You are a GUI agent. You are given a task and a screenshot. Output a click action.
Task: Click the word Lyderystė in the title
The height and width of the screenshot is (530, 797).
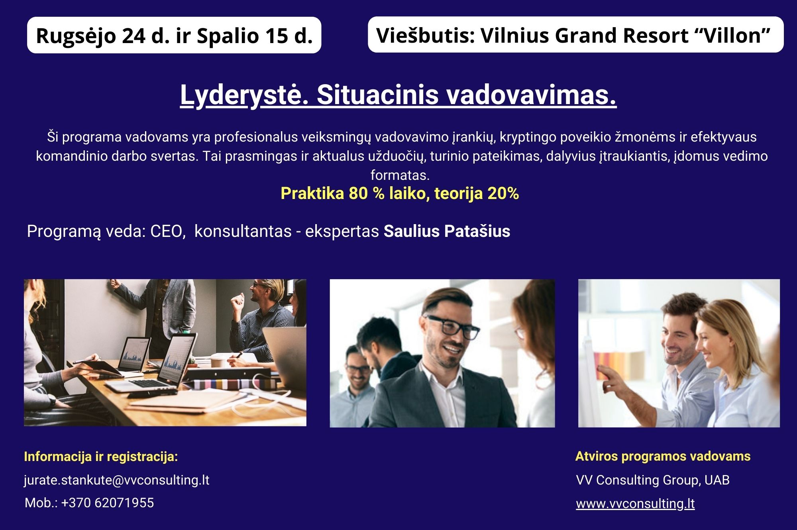(244, 96)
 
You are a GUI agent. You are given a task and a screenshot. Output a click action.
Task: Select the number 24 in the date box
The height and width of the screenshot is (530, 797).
(134, 36)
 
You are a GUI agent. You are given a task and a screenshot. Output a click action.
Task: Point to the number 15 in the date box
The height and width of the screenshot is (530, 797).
(277, 36)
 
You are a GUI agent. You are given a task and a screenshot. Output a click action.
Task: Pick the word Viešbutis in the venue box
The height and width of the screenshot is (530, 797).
(425, 35)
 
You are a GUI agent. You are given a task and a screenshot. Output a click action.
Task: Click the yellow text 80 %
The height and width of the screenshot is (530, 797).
(366, 193)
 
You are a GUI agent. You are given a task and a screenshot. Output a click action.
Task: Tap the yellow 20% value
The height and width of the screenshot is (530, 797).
(503, 193)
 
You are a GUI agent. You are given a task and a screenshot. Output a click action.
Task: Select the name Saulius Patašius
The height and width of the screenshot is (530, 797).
(447, 231)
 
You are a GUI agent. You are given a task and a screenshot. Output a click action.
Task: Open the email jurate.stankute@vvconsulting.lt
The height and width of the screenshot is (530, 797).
(116, 480)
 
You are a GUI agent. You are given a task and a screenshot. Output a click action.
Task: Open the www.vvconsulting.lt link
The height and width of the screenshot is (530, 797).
(635, 504)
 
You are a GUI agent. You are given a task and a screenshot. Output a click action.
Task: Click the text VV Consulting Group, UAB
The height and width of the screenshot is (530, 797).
(653, 480)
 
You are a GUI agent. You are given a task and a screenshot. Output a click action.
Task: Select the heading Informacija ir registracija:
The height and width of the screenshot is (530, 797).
(101, 457)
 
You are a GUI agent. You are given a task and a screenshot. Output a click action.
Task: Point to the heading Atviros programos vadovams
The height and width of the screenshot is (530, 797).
(663, 456)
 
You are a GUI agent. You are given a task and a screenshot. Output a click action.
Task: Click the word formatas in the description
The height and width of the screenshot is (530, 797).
(400, 175)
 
